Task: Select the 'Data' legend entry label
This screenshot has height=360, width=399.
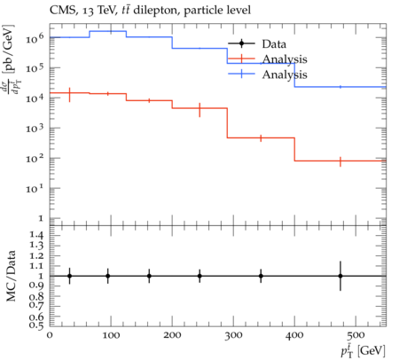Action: click(274, 44)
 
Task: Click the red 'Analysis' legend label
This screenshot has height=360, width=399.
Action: click(285, 59)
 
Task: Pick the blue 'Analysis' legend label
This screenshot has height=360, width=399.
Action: click(285, 74)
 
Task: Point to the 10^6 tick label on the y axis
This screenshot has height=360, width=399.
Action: click(35, 38)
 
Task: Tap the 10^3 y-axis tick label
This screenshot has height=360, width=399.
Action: click(35, 129)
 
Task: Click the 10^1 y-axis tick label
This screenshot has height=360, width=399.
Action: click(35, 189)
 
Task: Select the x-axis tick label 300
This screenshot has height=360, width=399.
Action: click(233, 335)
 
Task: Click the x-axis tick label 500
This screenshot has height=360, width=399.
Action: click(356, 335)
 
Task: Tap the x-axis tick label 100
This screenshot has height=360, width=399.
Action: click(111, 335)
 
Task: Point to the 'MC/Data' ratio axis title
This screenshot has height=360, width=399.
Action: click(12, 276)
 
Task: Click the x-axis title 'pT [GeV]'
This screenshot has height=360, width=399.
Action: click(363, 351)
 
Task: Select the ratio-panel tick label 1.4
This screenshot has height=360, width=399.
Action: click(35, 236)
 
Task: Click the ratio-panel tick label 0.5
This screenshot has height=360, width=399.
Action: click(35, 325)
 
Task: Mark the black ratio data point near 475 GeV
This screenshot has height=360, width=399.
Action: click(340, 276)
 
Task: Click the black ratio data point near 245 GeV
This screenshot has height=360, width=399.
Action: click(199, 276)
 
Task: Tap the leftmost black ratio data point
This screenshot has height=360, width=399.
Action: click(69, 276)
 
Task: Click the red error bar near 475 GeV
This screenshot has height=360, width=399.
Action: click(340, 161)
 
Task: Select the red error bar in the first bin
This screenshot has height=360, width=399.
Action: click(69, 95)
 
